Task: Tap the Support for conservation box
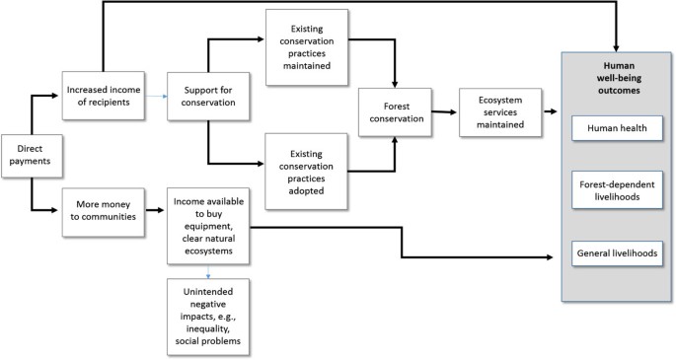point(207,97)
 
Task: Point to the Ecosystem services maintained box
point(499,110)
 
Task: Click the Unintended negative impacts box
point(207,313)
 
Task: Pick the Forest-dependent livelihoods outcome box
point(617,188)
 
